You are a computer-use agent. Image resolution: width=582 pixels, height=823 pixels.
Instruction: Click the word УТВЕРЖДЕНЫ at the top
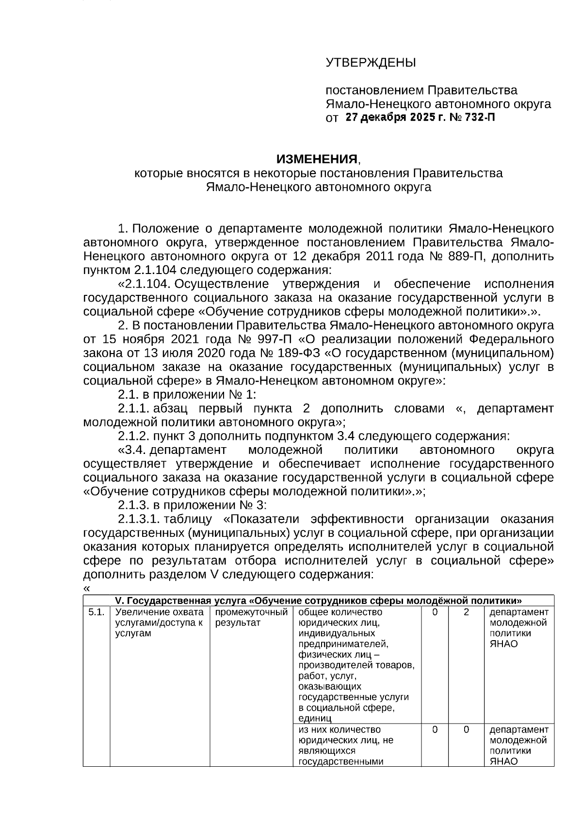coord(371,63)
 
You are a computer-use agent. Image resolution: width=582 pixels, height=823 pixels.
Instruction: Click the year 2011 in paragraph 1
coord(380,256)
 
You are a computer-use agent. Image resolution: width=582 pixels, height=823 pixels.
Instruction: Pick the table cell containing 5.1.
coord(97,613)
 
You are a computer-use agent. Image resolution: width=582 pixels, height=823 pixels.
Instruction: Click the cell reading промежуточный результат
coord(251,617)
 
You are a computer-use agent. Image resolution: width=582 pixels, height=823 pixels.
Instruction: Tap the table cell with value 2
coord(466,613)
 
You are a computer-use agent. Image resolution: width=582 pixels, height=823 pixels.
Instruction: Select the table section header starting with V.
coord(318,601)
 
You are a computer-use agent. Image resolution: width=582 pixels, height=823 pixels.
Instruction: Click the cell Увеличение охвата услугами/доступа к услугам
coord(159,623)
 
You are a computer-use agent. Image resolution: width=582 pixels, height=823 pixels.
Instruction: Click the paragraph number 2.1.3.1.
coord(139,519)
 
